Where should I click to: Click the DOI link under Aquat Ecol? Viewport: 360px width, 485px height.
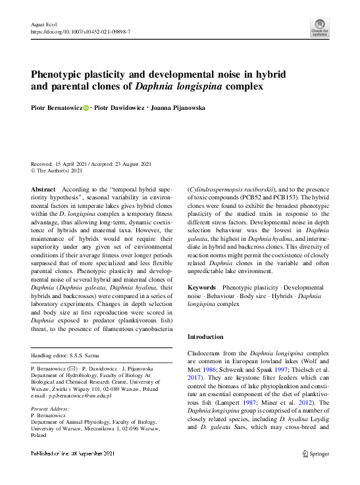(x=80, y=32)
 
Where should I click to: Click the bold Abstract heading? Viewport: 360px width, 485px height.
(x=43, y=190)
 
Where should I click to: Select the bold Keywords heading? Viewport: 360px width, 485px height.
(x=202, y=288)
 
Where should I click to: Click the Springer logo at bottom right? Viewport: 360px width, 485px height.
(x=316, y=454)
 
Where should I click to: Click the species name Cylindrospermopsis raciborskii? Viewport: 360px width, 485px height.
(x=228, y=190)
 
